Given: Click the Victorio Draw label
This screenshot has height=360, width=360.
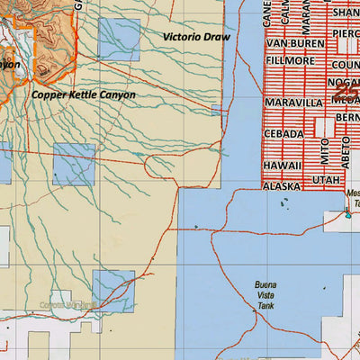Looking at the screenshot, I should click(197, 37).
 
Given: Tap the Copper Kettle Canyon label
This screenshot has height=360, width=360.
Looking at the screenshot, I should click(83, 94).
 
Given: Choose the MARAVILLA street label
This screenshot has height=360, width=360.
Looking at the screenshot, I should click(293, 103).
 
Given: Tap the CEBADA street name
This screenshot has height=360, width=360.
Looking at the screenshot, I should click(283, 133).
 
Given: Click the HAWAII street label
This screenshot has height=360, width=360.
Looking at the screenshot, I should click(282, 166).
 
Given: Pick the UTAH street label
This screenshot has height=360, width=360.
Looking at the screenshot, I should click(325, 181).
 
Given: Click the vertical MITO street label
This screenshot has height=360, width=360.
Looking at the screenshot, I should click(325, 145).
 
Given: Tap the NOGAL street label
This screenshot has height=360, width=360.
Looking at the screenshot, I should click(345, 83).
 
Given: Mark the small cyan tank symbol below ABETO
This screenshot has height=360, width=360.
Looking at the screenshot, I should click(347, 214).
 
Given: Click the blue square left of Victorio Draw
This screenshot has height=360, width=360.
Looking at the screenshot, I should click(119, 40).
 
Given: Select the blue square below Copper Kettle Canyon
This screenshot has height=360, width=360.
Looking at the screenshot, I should click(74, 165).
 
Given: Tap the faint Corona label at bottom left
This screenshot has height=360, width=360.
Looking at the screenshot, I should click(63, 306).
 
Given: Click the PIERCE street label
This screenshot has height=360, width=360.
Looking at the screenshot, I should click(345, 33).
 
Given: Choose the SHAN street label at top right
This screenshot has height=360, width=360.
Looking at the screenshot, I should click(345, 13).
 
